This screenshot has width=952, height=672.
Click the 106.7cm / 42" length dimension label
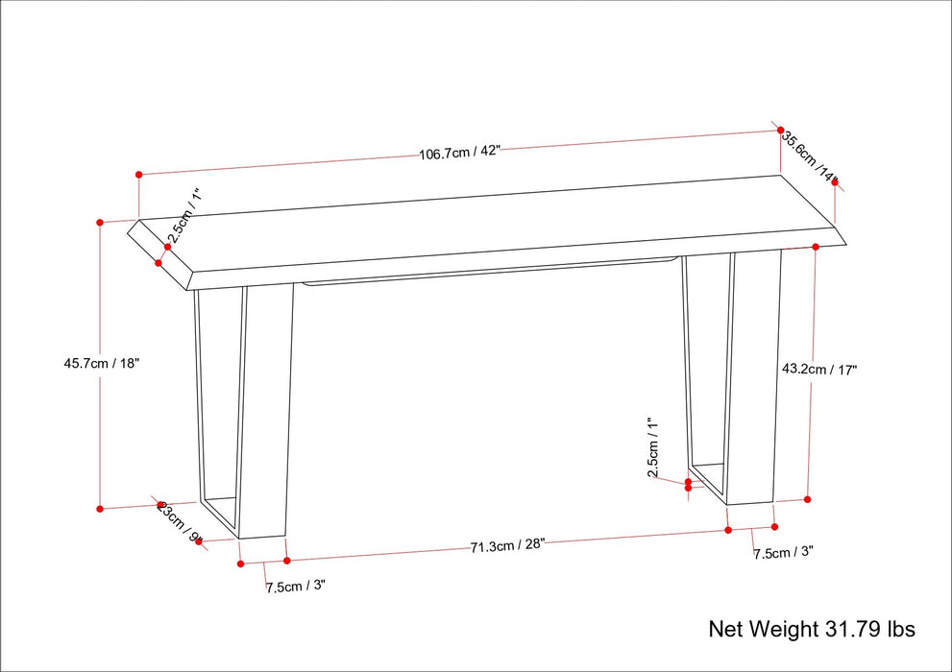click(459, 152)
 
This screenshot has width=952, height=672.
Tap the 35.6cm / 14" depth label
click(810, 156)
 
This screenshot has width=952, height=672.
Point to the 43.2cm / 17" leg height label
click(818, 369)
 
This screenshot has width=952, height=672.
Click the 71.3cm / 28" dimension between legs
click(507, 545)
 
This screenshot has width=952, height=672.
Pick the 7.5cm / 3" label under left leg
click(296, 586)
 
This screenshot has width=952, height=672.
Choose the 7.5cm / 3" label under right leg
click(783, 553)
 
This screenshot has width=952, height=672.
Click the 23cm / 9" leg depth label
click(180, 522)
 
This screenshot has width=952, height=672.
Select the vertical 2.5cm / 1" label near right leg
click(652, 447)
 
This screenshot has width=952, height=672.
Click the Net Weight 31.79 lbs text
click(812, 630)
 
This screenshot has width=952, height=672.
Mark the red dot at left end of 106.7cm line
click(139, 175)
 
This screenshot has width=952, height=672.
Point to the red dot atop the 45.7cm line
click(100, 222)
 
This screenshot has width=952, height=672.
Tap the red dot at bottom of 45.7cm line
click(100, 509)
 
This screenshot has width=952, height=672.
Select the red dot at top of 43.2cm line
click(816, 247)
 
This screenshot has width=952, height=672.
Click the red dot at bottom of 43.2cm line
click(807, 499)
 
